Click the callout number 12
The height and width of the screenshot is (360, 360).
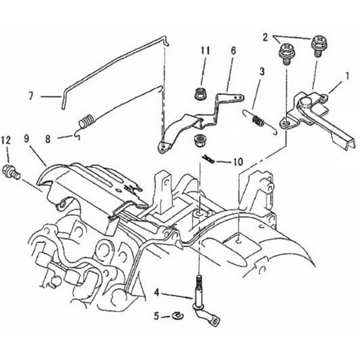coord(5,140)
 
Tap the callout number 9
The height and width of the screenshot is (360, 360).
coord(26,140)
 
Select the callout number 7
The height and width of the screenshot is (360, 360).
coord(31,96)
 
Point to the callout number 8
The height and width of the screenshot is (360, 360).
coord(48,139)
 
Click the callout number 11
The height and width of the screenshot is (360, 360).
coord(205,50)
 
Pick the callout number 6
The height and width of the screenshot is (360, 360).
coord(233,51)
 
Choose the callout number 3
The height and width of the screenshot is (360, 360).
coord(262,71)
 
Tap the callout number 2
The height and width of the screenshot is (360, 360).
coord(265,37)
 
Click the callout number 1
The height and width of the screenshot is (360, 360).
coord(347,77)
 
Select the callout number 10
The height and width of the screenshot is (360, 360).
coord(238,162)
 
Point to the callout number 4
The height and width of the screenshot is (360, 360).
coord(157,293)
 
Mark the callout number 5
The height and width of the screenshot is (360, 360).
coord(156,316)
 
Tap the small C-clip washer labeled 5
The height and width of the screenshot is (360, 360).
coord(178,316)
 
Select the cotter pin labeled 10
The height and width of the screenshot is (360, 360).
coord(209,160)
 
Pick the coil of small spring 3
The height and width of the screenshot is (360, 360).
coord(258,121)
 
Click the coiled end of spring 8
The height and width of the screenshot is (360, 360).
coord(86,121)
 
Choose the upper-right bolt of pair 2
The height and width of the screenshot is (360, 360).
coord(319,47)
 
